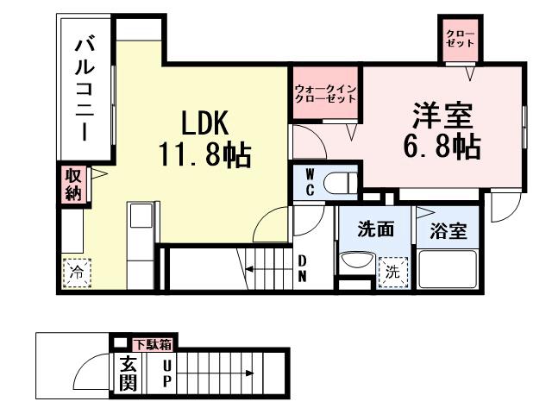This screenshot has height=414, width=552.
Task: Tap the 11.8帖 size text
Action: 204,156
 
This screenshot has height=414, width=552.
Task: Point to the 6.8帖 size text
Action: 441,146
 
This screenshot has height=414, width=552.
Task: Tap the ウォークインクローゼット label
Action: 325,94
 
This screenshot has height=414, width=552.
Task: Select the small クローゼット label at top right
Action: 457,38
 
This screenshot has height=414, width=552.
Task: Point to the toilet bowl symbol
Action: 343,183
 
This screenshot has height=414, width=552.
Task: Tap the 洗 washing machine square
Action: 392,271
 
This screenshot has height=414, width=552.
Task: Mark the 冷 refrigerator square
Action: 75,271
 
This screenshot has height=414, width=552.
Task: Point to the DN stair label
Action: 304,267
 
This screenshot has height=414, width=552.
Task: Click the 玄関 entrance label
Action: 127,373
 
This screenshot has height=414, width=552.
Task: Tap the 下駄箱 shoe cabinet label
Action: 153,344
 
